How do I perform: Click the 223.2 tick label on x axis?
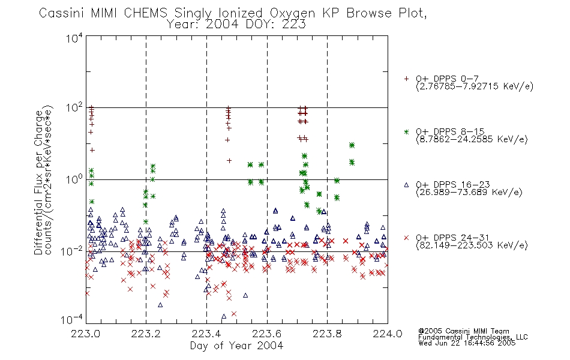tap(146, 334)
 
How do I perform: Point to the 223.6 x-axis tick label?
tap(267, 334)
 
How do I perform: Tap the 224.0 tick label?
tap(388, 334)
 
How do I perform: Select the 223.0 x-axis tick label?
tap(85, 334)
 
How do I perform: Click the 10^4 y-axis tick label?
tap(74, 38)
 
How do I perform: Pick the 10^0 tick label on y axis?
tap(74, 179)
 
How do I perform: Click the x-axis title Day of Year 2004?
tap(236, 346)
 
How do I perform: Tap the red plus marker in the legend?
tap(406, 79)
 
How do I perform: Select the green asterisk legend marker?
tap(406, 131)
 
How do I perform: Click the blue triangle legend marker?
tap(406, 185)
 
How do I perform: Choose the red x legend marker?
tap(406, 238)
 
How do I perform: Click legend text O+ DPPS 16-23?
tap(453, 184)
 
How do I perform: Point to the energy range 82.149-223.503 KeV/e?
tap(472, 245)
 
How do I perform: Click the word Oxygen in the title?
tap(293, 13)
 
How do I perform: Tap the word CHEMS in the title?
tap(145, 13)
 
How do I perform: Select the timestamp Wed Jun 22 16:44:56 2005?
tap(467, 343)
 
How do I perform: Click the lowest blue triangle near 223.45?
tap(224, 316)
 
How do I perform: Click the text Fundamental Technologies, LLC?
tap(473, 337)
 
